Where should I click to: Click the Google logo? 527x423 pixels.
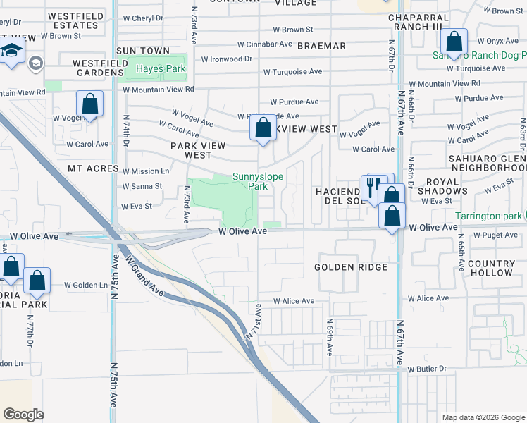click(x=24, y=415)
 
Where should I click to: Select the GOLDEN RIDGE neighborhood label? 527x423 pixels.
click(x=351, y=267)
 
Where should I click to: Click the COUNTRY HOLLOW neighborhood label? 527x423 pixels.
click(x=491, y=268)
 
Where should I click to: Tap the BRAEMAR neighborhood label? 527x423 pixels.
click(x=321, y=46)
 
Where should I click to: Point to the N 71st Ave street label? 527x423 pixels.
click(x=254, y=324)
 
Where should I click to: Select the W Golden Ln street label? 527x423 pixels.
click(x=86, y=285)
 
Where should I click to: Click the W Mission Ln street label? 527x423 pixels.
click(x=146, y=171)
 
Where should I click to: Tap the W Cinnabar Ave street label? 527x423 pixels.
click(x=264, y=44)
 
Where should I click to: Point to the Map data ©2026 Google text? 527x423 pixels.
click(x=483, y=417)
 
